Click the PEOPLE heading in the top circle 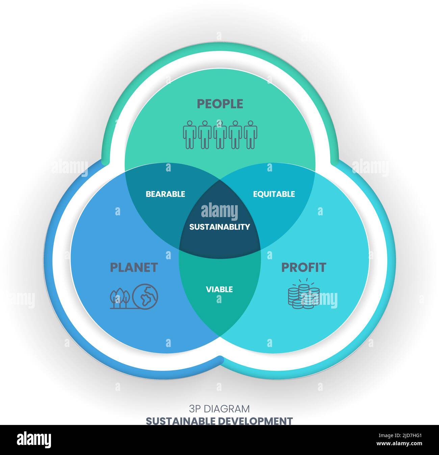pos(220,104)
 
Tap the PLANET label pos(134,267)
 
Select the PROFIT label pos(304,267)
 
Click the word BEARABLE pos(165,194)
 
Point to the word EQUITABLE pos(274,194)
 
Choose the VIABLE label pos(219,289)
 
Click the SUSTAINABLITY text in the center pos(219,227)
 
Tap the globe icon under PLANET pos(145,296)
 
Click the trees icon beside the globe pos(120,298)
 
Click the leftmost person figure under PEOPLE pos(189,135)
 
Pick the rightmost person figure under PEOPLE pos(250,135)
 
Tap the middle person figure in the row pos(220,135)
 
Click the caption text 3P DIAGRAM pos(219,409)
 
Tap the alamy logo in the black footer pos(34,439)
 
